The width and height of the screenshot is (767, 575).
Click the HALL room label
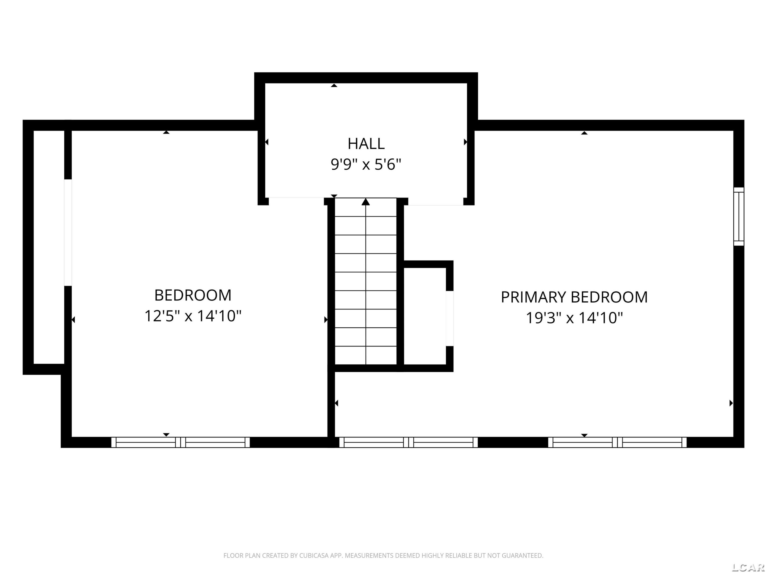[366, 144]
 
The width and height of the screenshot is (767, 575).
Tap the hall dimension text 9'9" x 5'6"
[366, 164]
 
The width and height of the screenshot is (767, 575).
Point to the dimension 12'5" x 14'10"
[193, 316]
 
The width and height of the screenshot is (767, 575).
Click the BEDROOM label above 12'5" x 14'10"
[193, 295]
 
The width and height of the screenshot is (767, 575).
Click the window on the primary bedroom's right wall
[739, 217]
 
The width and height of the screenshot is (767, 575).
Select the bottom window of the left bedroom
[180, 443]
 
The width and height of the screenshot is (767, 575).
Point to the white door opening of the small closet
[449, 318]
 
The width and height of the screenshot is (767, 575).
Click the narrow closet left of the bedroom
[49, 247]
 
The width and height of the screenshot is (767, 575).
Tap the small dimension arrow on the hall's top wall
[334, 85]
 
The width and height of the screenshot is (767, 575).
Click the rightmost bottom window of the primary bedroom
[617, 443]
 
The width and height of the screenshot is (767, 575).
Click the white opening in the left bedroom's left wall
[68, 233]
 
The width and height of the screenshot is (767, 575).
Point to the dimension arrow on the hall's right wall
[465, 142]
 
